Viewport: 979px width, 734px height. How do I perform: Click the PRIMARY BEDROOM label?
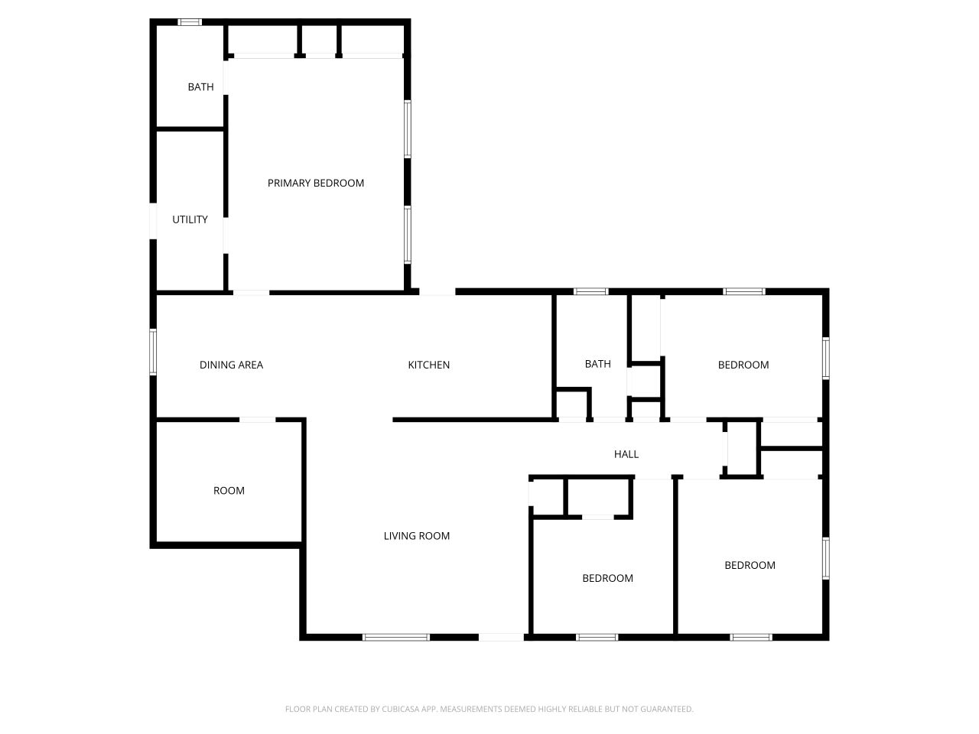(315, 183)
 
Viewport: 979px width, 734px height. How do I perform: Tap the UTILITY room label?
(190, 219)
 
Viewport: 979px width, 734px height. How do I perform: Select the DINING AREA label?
(231, 365)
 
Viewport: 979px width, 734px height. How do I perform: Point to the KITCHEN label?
(428, 365)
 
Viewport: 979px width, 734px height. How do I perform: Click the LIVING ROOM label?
(416, 536)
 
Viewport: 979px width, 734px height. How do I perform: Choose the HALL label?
(626, 454)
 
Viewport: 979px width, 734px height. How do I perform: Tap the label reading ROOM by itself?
(229, 491)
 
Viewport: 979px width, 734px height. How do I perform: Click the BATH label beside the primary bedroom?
(200, 87)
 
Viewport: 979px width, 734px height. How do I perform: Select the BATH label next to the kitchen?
(597, 364)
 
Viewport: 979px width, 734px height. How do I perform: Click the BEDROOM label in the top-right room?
(743, 365)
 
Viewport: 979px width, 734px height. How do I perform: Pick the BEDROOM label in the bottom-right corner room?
(750, 565)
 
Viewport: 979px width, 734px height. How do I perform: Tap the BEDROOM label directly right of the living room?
(607, 578)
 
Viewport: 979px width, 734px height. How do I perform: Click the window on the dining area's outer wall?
(153, 352)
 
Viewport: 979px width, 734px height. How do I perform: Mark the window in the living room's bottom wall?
(396, 636)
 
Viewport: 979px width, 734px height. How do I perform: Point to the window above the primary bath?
(190, 22)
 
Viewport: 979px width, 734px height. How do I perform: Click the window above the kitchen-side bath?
(590, 291)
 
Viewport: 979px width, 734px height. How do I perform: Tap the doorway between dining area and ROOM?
(258, 419)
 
